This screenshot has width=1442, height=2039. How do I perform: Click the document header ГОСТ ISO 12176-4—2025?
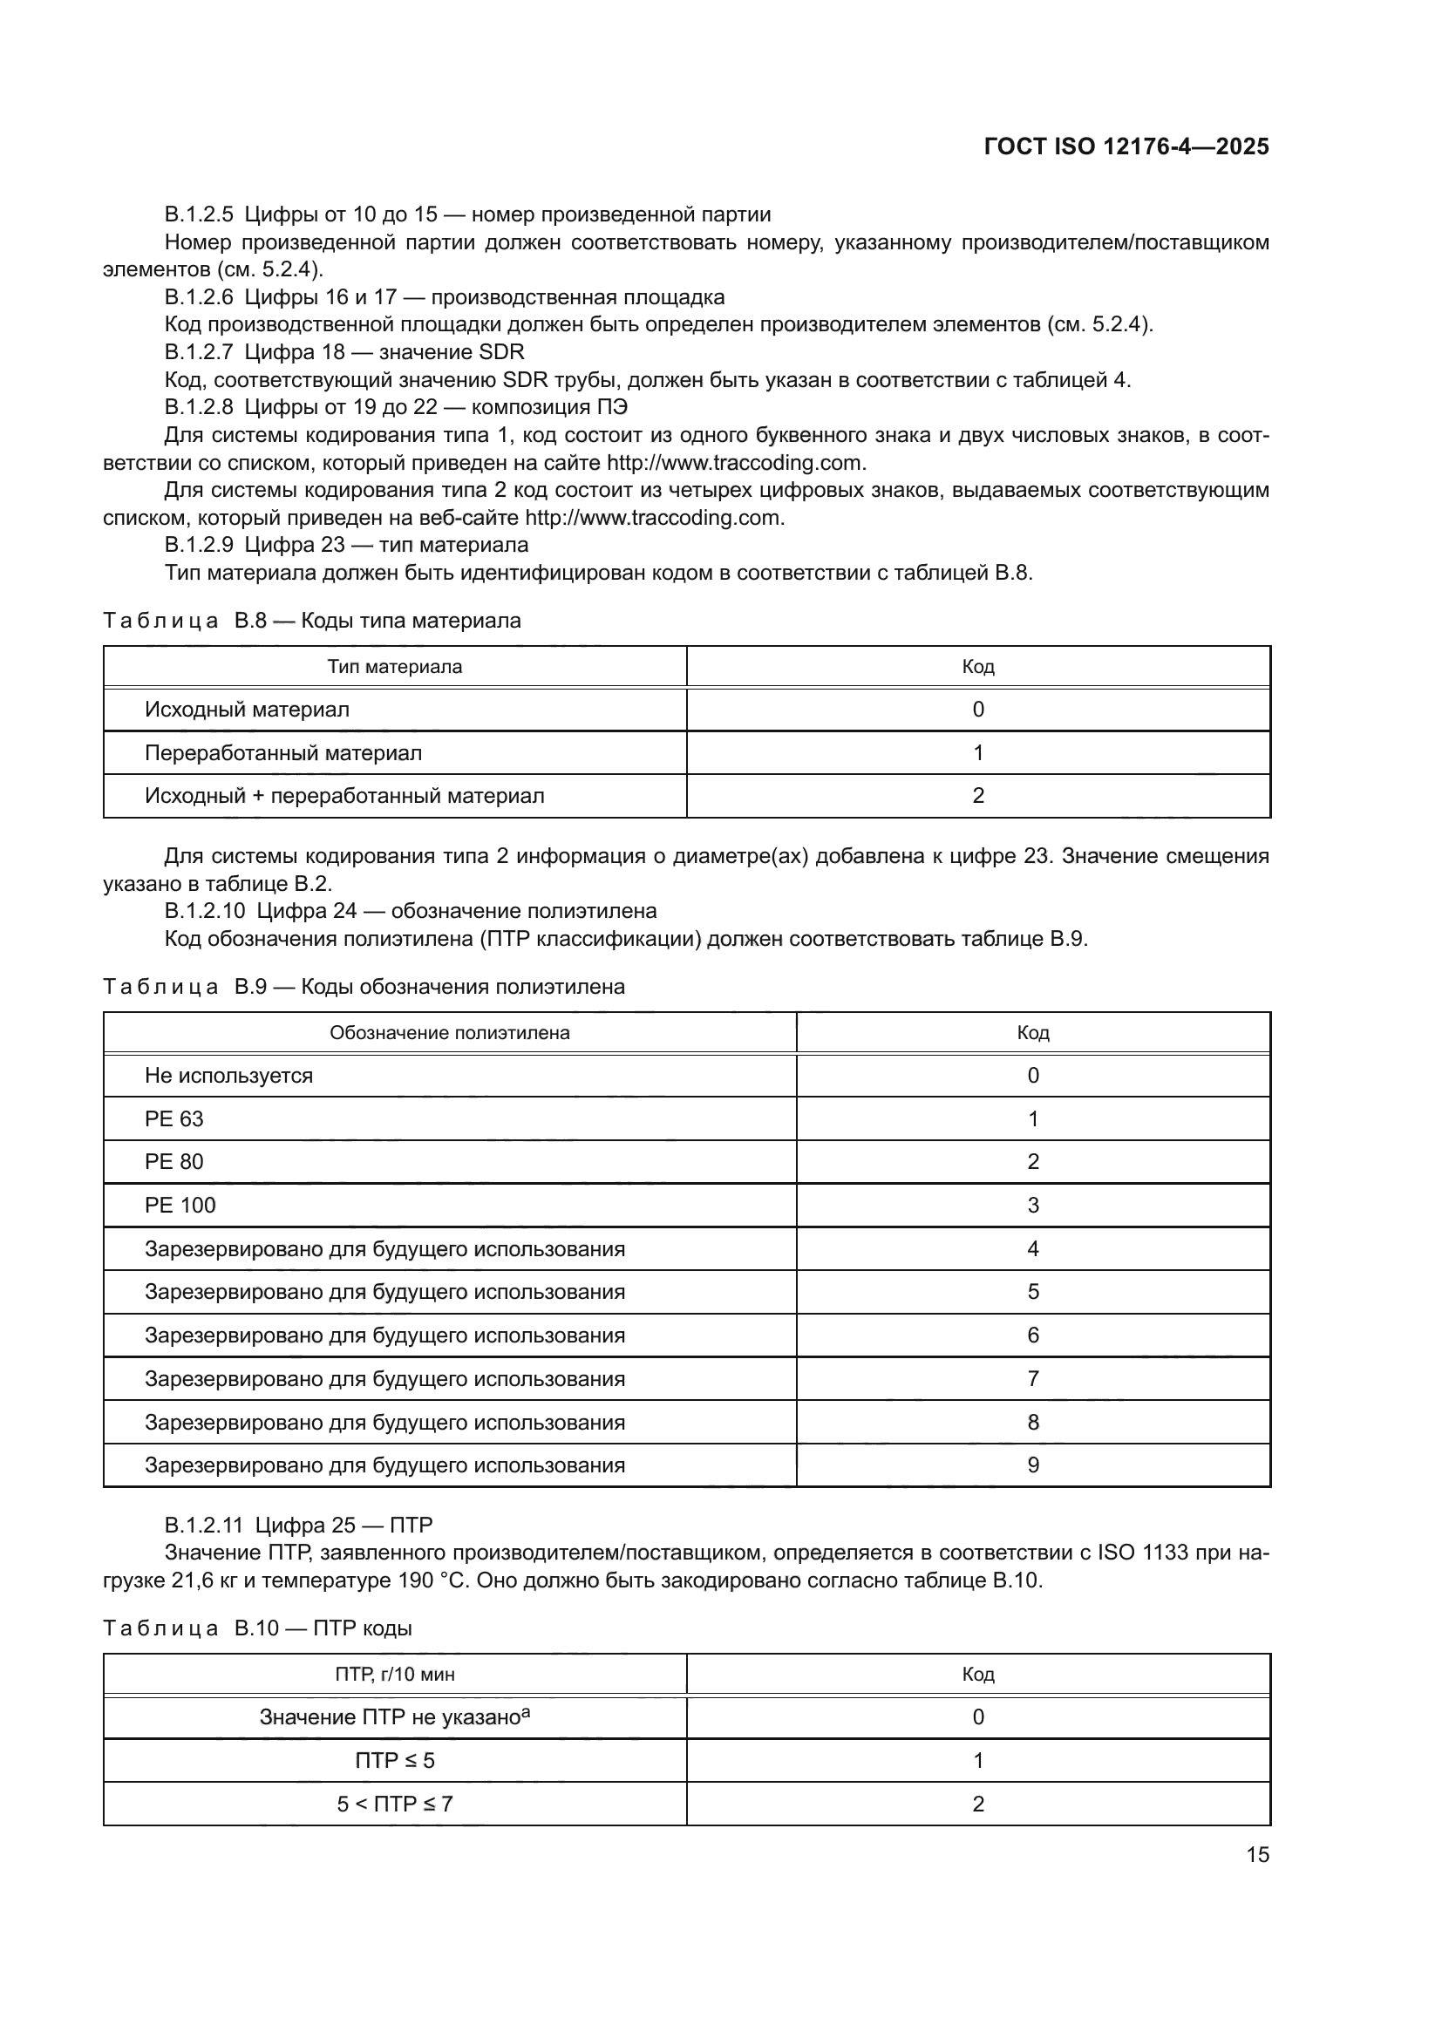pos(1126,146)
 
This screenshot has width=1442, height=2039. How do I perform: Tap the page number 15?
pos(1257,1854)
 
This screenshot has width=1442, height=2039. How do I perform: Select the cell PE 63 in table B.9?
pos(174,1119)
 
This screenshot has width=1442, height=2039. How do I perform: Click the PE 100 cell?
pos(180,1205)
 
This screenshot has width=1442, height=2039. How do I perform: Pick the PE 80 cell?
pos(174,1161)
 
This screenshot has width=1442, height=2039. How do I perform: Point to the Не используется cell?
pos(228,1076)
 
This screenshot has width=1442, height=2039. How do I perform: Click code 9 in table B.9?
pos(1032,1465)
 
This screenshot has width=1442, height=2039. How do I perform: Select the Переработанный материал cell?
pos(283,753)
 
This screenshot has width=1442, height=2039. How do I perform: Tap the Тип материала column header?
pos(394,667)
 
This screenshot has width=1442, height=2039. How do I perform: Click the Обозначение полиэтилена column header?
pos(449,1033)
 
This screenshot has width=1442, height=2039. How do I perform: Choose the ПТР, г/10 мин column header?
pos(394,1674)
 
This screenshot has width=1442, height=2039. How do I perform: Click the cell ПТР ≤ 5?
pos(394,1760)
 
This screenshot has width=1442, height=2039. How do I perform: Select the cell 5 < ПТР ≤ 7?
pos(394,1804)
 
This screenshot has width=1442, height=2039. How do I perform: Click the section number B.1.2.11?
pos(203,1526)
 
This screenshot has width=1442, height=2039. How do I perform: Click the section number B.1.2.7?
pos(199,352)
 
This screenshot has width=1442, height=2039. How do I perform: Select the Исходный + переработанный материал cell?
pos(344,796)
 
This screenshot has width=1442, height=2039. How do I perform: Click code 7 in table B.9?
pos(1032,1379)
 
